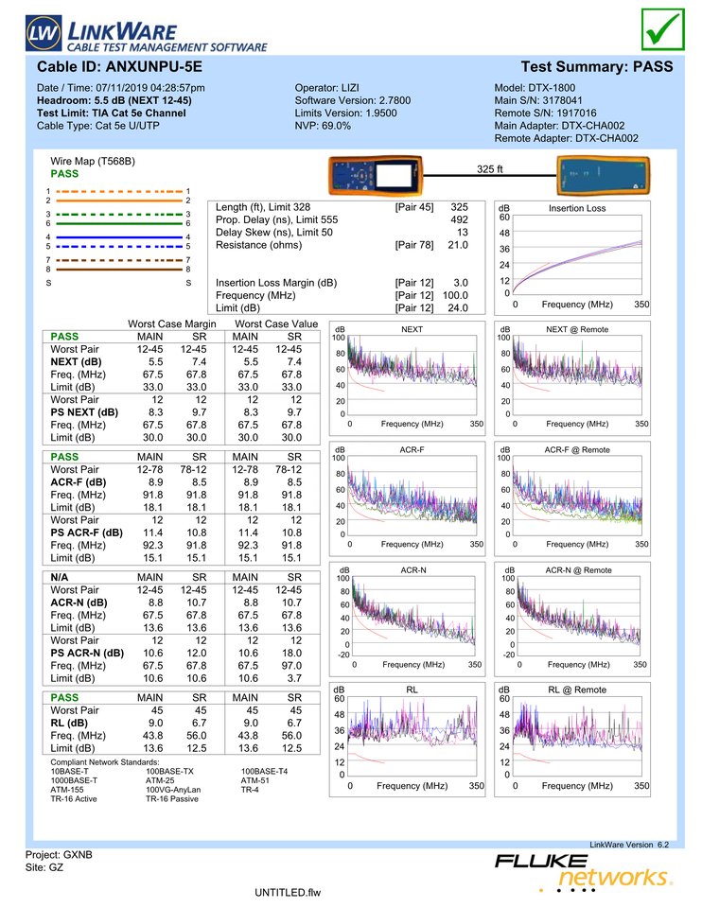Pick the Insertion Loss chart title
coord(577,208)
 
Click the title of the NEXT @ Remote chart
coord(577,329)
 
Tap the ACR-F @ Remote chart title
coord(577,450)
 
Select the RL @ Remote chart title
coord(577,690)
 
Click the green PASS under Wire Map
coord(65,174)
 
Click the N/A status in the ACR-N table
coord(61,576)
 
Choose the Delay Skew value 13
coord(463,232)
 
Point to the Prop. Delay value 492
coord(459,219)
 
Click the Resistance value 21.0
coord(458,245)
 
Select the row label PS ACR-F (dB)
coord(87,533)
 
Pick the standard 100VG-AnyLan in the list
coord(173,789)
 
